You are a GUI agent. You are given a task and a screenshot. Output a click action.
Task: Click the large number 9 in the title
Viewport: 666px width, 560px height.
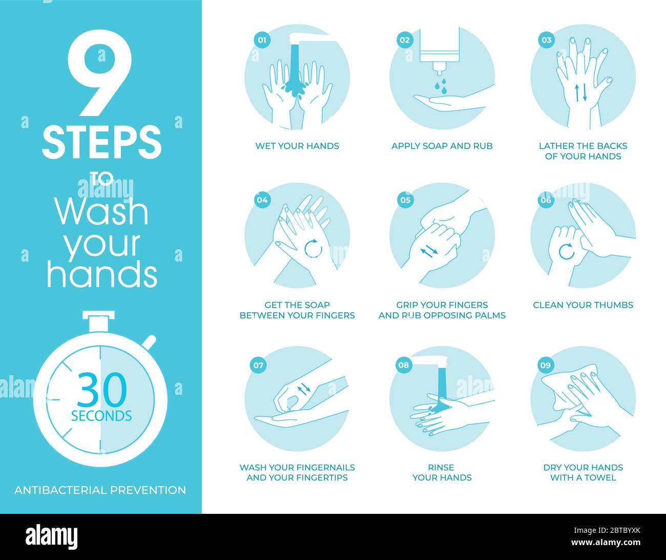pos(100,73)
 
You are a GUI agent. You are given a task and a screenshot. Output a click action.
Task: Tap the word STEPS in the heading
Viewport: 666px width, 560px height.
pos(101,143)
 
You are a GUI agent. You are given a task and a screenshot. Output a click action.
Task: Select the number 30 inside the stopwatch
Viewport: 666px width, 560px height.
pos(102,391)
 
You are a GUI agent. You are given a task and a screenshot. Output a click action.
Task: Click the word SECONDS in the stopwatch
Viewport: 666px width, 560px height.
pos(101,416)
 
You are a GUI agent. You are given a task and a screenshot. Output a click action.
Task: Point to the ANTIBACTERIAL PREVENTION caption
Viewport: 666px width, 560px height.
pos(100,490)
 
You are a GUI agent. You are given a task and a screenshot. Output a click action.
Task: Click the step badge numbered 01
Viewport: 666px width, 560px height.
pos(262,40)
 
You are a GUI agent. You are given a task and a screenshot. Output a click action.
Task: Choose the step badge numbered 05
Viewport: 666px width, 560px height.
pos(405,200)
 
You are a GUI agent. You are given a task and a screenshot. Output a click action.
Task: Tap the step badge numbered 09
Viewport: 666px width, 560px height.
pos(545,365)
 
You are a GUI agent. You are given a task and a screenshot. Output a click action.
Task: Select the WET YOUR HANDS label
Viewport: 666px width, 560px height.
pos(297,146)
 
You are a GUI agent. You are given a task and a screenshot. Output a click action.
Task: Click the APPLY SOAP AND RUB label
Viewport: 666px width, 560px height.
pos(442,146)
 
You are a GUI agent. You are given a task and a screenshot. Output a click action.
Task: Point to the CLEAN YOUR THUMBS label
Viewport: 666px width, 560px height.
pos(583,305)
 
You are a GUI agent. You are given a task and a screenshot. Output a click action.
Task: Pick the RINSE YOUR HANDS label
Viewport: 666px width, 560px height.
pos(442,472)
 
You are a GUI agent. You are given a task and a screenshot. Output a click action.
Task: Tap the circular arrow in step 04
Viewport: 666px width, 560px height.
pos(313,248)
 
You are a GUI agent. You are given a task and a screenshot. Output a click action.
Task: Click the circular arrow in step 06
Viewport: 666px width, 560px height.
pos(566,252)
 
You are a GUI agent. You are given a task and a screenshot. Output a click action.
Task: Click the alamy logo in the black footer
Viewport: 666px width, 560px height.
pos(52,537)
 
